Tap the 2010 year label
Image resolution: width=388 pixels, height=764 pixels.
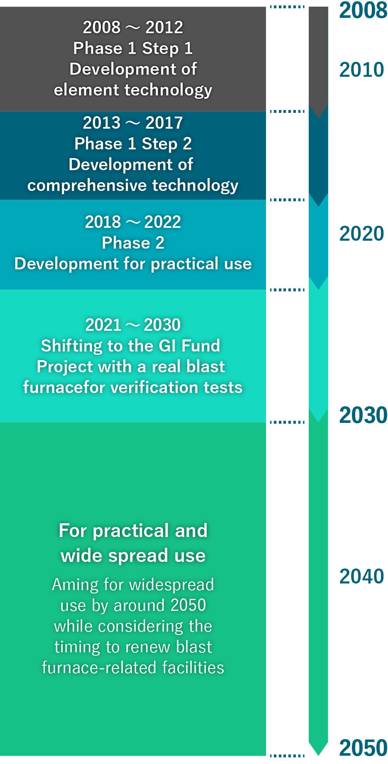(x=362, y=69)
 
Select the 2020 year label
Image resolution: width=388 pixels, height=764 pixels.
(x=362, y=233)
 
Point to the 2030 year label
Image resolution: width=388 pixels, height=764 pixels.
(x=363, y=415)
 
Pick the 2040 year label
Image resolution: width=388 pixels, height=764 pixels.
(x=362, y=576)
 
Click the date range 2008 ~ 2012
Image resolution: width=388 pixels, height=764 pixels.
(x=133, y=27)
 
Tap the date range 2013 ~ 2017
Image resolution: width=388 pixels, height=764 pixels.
(x=133, y=123)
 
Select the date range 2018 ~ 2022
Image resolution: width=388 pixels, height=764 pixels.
(x=133, y=222)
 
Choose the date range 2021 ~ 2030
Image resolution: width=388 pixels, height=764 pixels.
(x=133, y=325)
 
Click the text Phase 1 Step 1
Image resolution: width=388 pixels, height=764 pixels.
(x=133, y=49)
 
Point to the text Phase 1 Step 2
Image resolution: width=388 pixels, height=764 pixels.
(x=133, y=144)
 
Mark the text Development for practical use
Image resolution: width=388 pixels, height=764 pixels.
(x=133, y=264)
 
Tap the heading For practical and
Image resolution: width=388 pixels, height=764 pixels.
(x=133, y=531)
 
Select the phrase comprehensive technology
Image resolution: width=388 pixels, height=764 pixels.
(x=133, y=186)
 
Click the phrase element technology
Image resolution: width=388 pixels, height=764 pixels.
(x=133, y=90)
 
